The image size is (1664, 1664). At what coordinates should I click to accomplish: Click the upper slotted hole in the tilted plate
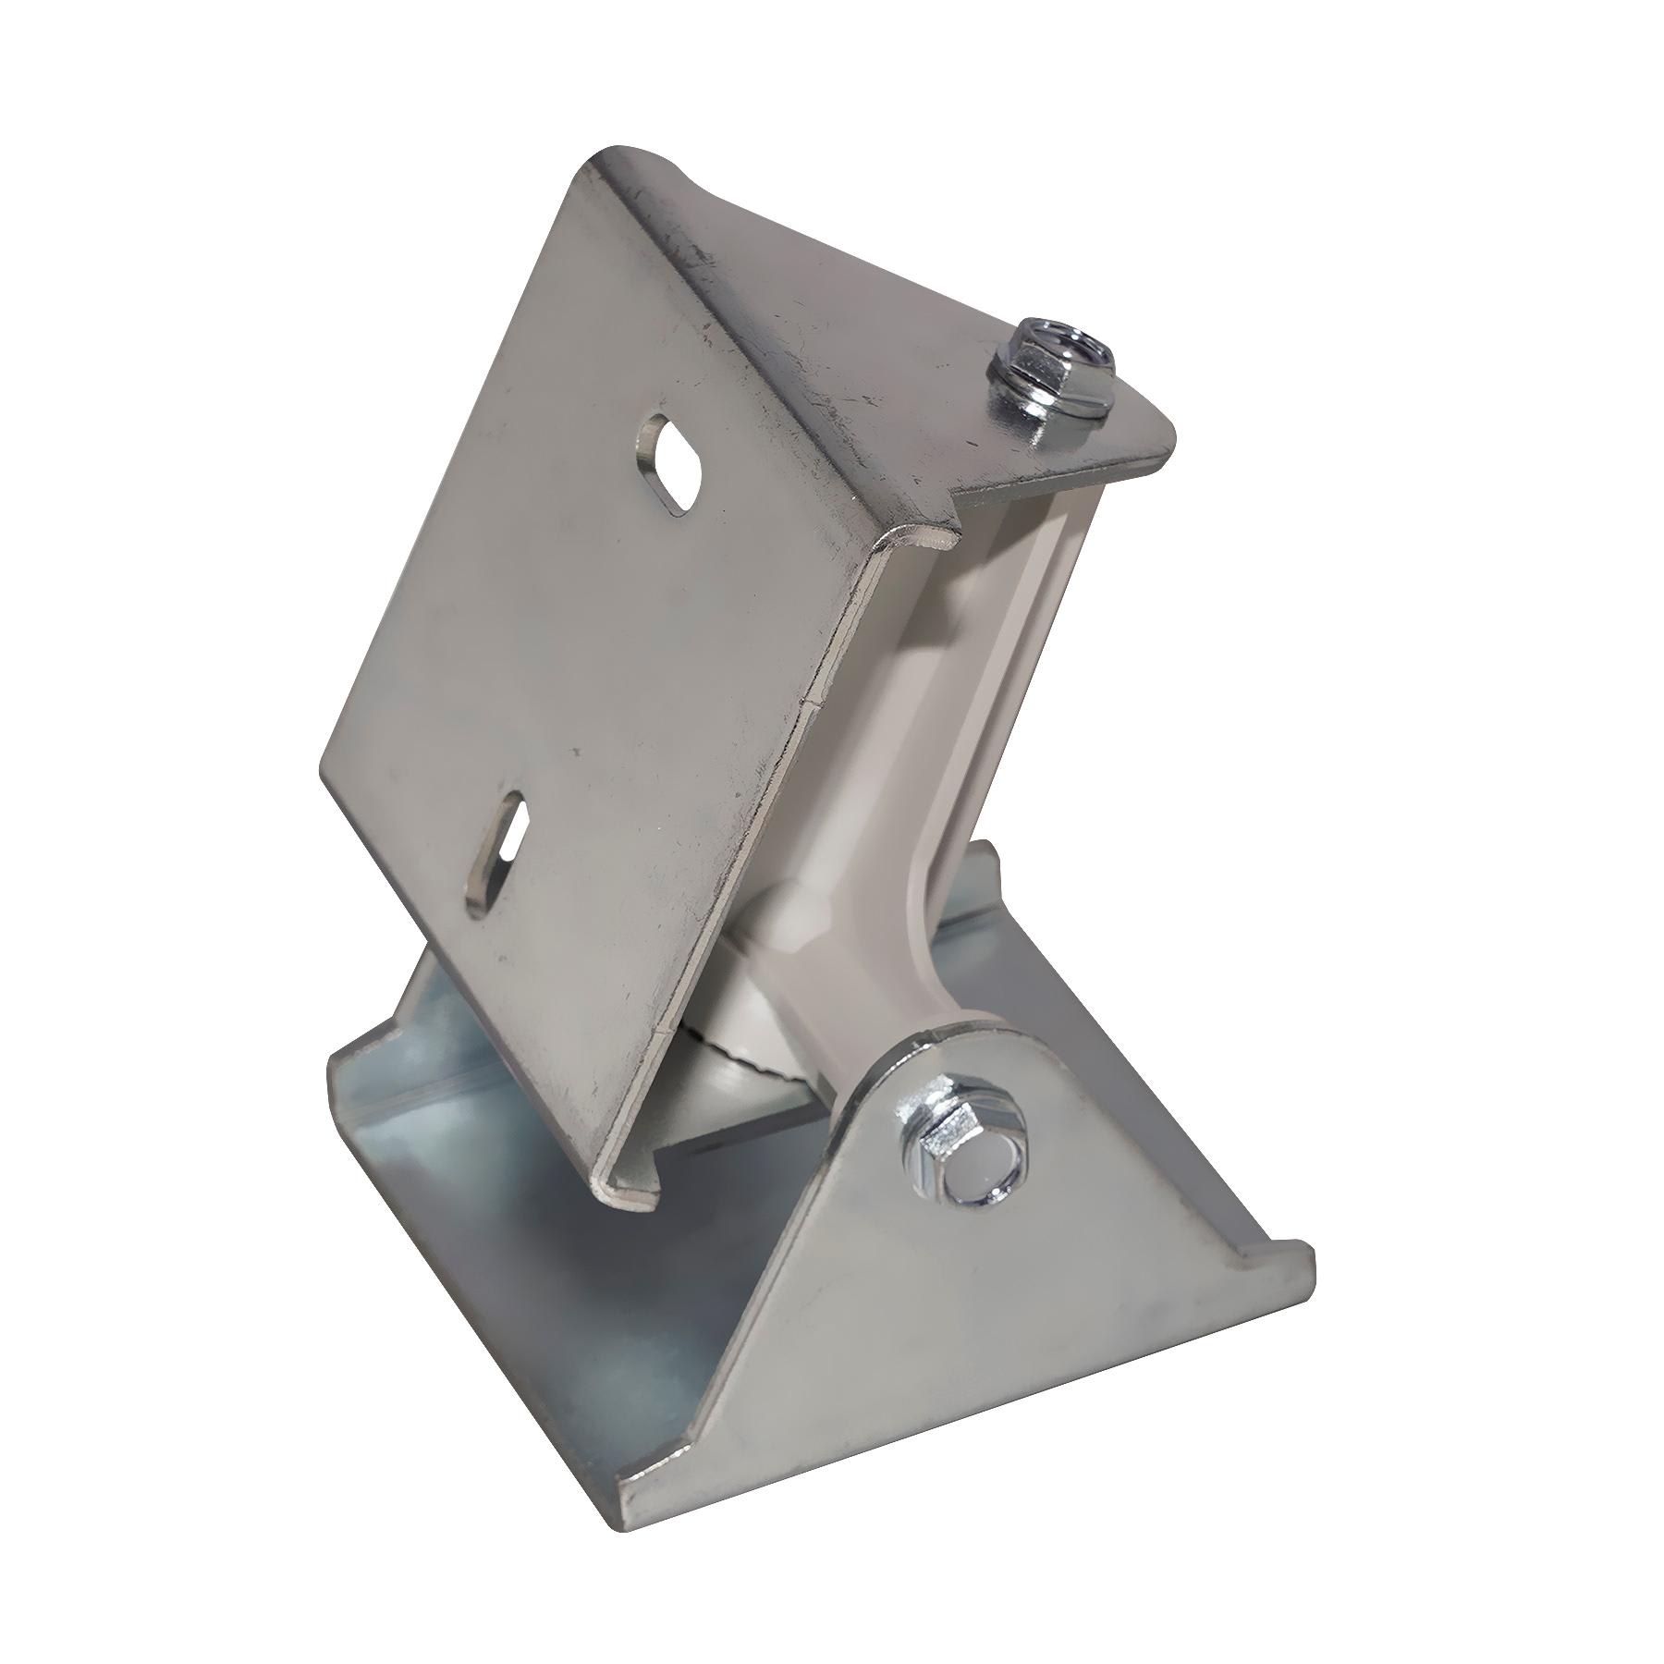click(671, 462)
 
